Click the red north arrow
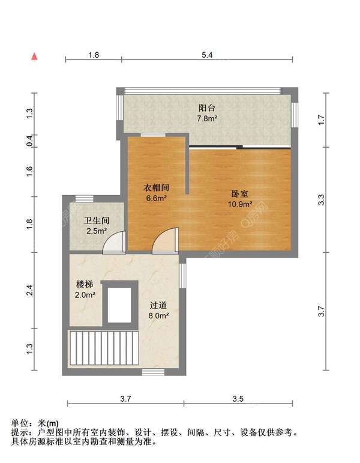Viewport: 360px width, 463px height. pyautogui.click(x=35, y=56)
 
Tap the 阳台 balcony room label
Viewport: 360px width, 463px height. pyautogui.click(x=207, y=107)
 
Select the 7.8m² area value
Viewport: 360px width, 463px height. pyautogui.click(x=207, y=119)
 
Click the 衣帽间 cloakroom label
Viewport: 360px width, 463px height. pyautogui.click(x=157, y=187)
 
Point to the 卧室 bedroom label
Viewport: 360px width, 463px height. pyautogui.click(x=239, y=193)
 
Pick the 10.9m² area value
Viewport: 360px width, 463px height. pyautogui.click(x=240, y=204)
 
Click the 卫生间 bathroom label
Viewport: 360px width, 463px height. pyautogui.click(x=97, y=220)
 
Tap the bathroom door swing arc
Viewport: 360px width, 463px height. pyautogui.click(x=114, y=242)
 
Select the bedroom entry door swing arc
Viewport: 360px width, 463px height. pyautogui.click(x=165, y=240)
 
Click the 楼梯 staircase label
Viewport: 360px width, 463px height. pyautogui.click(x=85, y=285)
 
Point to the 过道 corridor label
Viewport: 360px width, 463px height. pyautogui.click(x=158, y=305)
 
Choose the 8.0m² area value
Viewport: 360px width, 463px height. pyautogui.click(x=158, y=316)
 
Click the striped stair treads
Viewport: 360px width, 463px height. pyautogui.click(x=104, y=348)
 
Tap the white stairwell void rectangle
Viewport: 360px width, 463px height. pyautogui.click(x=119, y=304)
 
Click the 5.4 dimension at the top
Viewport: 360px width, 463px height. pyautogui.click(x=207, y=55)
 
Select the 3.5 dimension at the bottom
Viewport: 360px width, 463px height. pyautogui.click(x=238, y=399)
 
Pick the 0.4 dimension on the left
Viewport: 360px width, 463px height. pyautogui.click(x=30, y=141)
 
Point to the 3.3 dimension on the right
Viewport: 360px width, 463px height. pyautogui.click(x=322, y=199)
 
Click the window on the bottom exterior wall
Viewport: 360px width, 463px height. pyautogui.click(x=153, y=372)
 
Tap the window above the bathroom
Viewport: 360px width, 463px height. pyautogui.click(x=84, y=199)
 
